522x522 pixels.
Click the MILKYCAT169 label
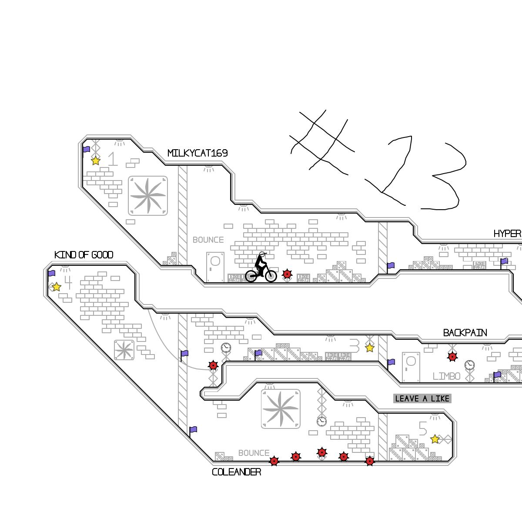(197, 153)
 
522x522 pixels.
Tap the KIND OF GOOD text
(84, 255)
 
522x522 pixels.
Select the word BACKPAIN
(465, 333)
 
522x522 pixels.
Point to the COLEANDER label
(236, 472)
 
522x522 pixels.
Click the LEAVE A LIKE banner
(422, 398)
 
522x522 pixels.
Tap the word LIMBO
(446, 376)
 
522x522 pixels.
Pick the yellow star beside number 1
(96, 161)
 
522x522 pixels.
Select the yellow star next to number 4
(57, 287)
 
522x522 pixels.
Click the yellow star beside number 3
(370, 348)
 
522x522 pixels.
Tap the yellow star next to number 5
(435, 439)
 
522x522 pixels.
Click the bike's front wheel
(271, 276)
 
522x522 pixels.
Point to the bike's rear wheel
(251, 276)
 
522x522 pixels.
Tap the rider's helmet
(262, 254)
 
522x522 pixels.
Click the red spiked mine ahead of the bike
(287, 274)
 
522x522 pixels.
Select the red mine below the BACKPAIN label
(452, 357)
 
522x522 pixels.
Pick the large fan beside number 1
(148, 196)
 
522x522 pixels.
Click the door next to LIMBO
(411, 367)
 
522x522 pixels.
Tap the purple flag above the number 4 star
(52, 274)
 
